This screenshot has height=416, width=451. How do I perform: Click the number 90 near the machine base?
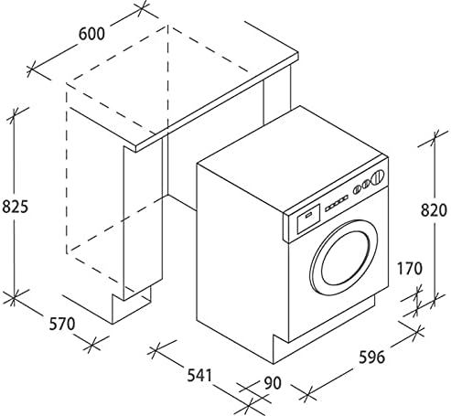(x=273, y=385)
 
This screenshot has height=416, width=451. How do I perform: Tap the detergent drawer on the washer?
(x=307, y=217)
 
